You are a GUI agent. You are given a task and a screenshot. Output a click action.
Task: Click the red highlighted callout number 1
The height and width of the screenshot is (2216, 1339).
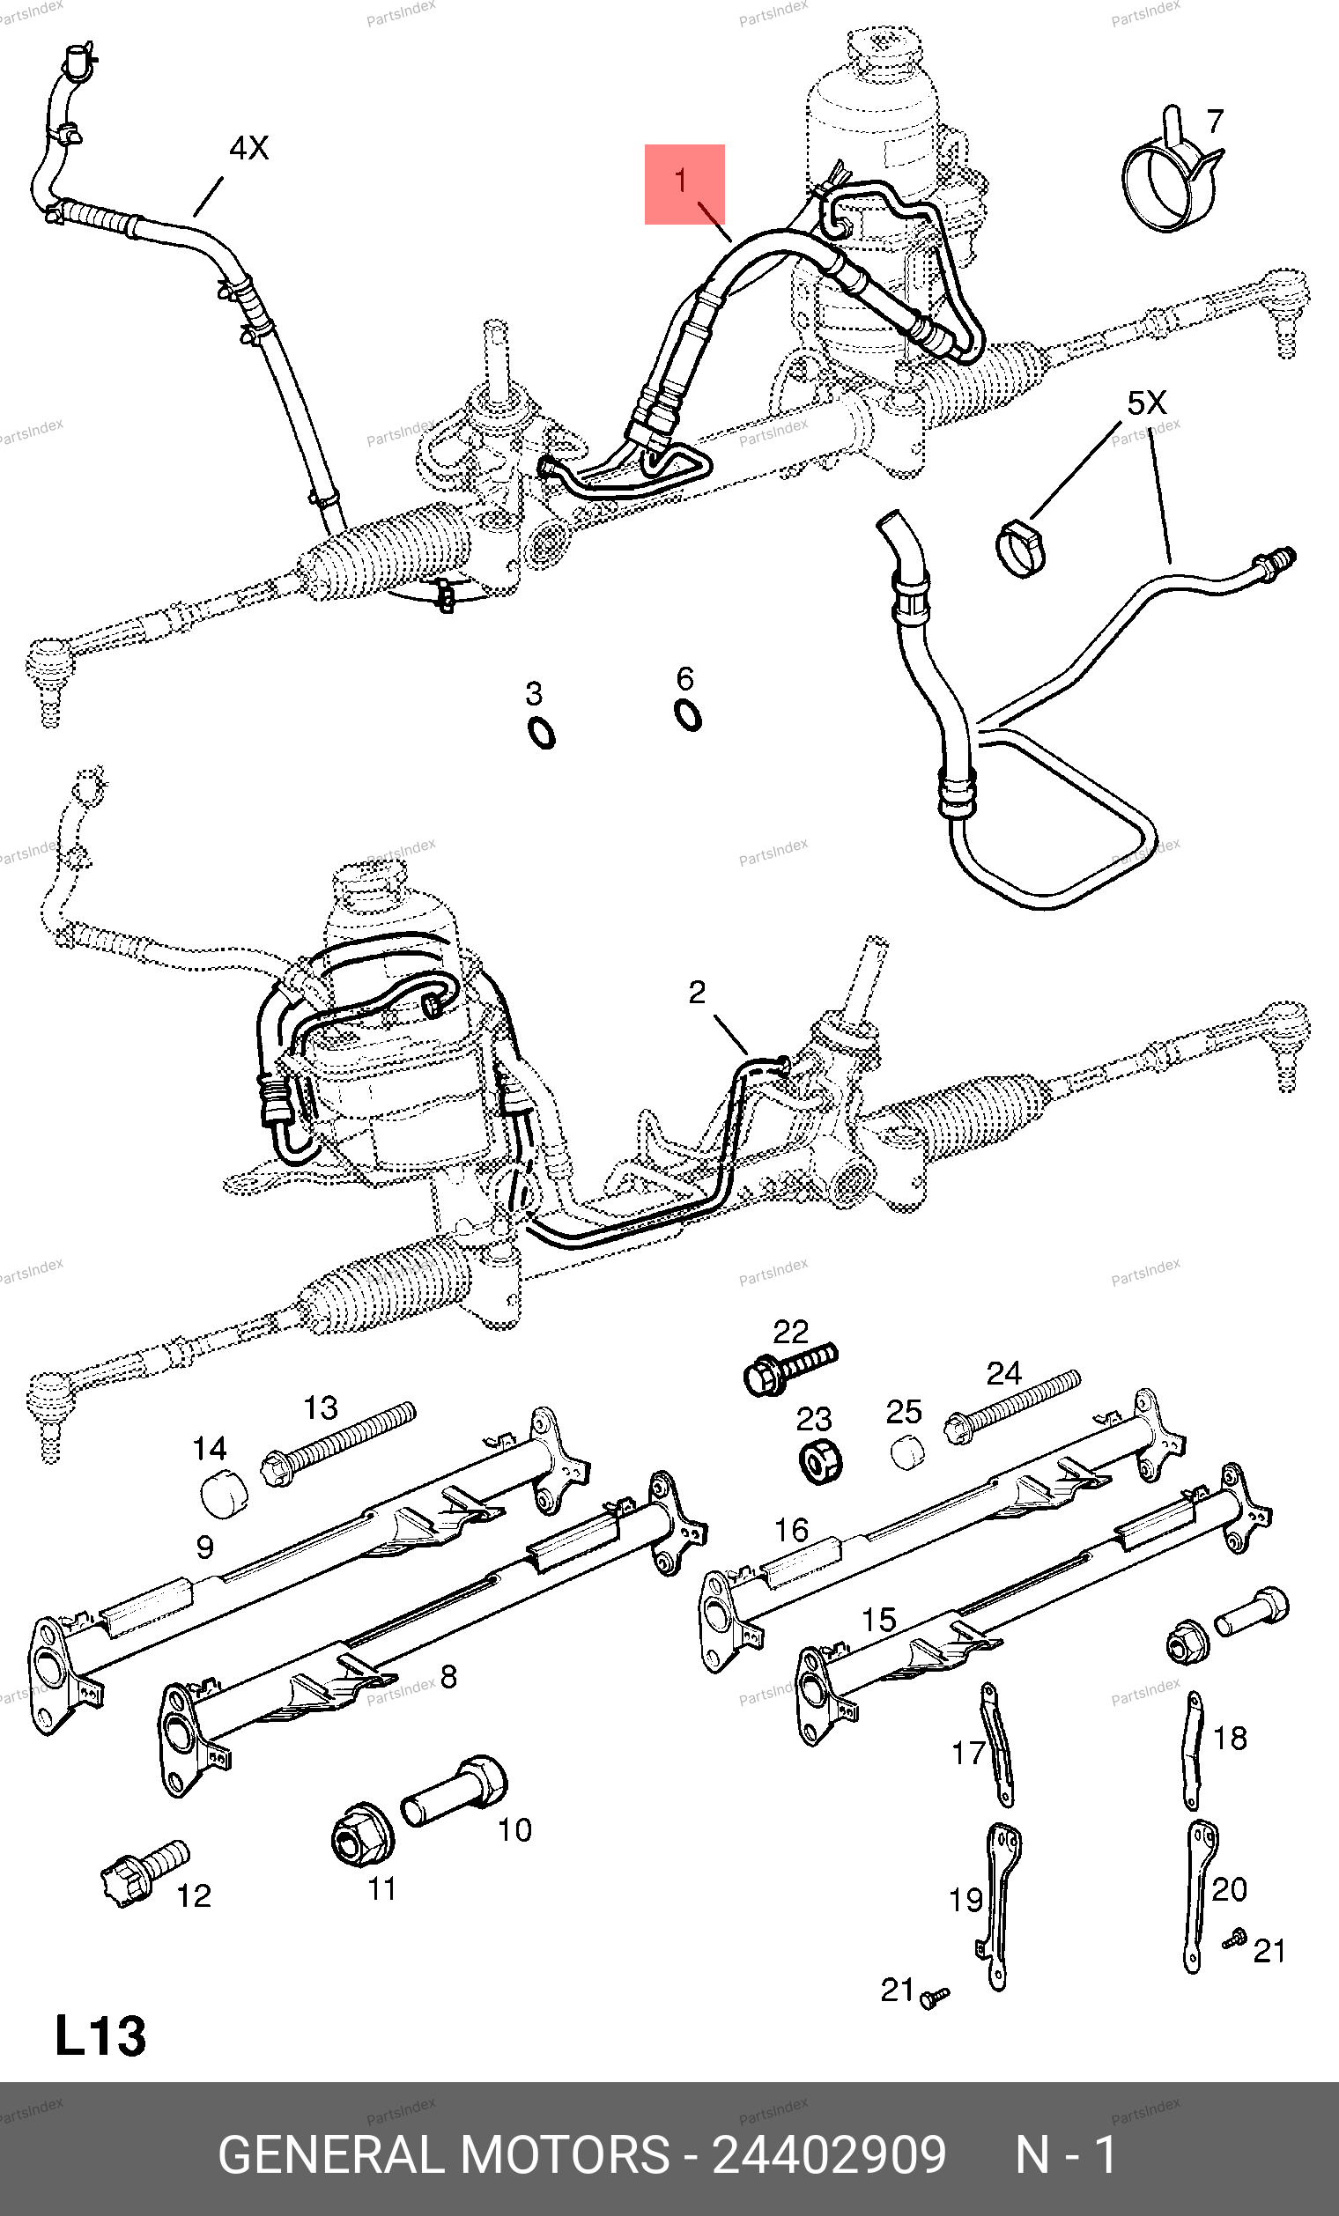tap(684, 183)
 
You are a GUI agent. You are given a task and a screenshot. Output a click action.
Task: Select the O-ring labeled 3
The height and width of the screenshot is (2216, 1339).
tap(542, 733)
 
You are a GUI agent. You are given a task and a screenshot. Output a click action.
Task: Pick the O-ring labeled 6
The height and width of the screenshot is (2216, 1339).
tap(688, 715)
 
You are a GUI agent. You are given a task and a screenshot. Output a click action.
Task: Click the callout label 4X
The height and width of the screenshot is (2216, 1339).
tap(249, 148)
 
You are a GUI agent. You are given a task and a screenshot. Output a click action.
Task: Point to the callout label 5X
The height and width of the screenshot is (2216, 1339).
tap(1147, 403)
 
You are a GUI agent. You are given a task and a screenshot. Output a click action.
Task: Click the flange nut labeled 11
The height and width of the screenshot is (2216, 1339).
tap(360, 1835)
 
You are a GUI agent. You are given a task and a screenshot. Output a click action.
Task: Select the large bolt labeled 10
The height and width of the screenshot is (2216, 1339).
tap(455, 1791)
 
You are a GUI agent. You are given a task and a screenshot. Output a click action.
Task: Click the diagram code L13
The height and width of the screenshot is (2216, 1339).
tap(100, 2036)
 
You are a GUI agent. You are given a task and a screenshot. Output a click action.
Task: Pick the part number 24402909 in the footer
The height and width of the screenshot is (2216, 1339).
tap(828, 2155)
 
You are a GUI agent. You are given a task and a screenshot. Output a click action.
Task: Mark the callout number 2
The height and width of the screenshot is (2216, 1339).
tap(697, 993)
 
